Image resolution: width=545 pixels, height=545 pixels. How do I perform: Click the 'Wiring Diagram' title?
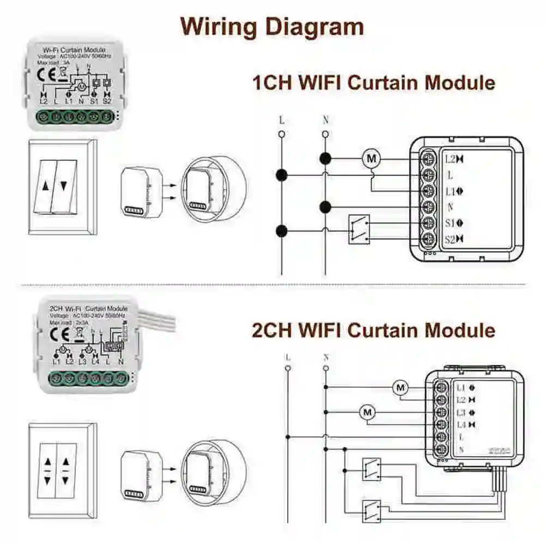(272, 26)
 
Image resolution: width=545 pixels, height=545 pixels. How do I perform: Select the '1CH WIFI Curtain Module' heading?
(373, 83)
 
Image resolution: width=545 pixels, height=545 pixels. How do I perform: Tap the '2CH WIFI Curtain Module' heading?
(373, 330)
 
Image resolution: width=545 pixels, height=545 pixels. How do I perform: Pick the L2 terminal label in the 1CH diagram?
(450, 160)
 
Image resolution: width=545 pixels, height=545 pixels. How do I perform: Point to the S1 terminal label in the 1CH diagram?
(451, 222)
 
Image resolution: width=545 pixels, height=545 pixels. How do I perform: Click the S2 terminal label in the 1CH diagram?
(451, 238)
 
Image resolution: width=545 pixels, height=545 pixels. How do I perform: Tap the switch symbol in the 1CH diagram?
(359, 229)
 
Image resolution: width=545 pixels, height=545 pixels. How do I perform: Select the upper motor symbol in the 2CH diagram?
(401, 387)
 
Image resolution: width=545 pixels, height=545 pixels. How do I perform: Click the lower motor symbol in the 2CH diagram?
(367, 412)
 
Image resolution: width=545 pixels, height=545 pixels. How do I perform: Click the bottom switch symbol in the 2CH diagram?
(372, 511)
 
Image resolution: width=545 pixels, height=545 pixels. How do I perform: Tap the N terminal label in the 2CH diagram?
(461, 450)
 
